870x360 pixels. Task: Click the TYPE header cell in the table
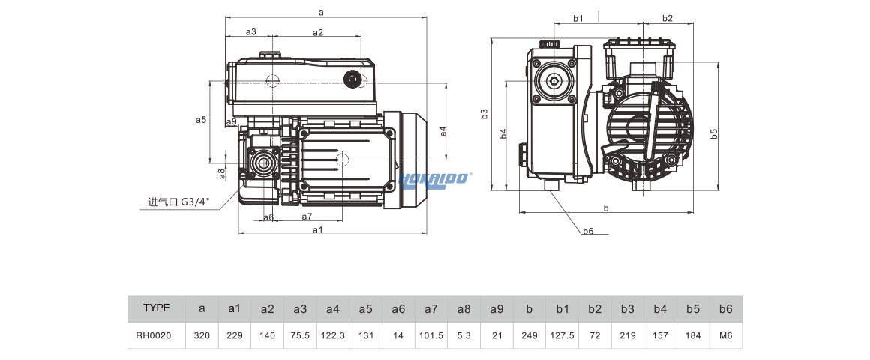tap(157, 308)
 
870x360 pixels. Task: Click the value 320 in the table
tap(202, 335)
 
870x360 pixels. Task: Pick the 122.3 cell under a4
tap(333, 335)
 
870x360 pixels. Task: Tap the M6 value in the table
tap(725, 335)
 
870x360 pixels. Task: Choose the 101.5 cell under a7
tap(431, 335)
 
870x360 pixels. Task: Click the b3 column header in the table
tap(627, 308)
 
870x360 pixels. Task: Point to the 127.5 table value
tap(562, 335)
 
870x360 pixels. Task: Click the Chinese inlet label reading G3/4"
tap(179, 202)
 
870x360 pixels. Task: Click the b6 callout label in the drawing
tap(588, 231)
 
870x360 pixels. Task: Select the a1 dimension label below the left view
tap(317, 229)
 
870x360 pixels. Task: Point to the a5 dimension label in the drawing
tap(200, 119)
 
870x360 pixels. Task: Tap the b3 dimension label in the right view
tap(484, 113)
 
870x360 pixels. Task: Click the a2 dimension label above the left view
tap(317, 32)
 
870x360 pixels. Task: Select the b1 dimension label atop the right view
tap(578, 18)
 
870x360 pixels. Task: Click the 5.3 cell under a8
tap(463, 335)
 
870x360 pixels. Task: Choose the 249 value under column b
tap(529, 335)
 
